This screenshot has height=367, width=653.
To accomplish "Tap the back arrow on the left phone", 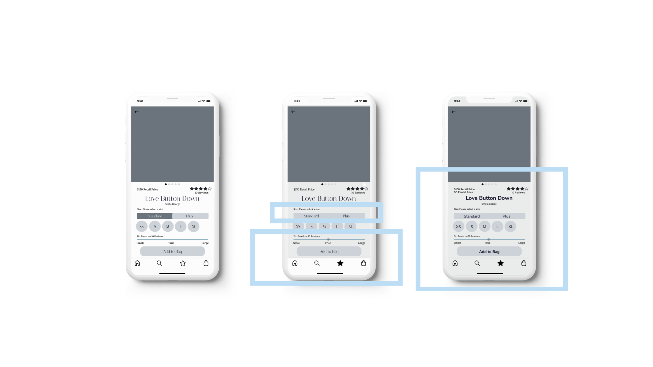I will [137, 112].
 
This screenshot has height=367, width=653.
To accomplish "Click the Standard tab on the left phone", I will [155, 216].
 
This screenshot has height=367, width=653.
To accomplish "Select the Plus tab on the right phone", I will [506, 216].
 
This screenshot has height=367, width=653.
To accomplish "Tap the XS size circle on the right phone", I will [458, 227].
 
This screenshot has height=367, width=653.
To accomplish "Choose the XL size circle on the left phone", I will [194, 226].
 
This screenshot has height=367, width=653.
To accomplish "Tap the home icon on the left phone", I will [137, 263].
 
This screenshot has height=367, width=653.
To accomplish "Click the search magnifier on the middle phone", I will [317, 263].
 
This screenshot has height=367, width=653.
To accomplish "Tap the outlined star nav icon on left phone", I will [183, 263].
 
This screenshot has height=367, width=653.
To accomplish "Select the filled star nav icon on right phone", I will [500, 263].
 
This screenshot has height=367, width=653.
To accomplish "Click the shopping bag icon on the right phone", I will [523, 263].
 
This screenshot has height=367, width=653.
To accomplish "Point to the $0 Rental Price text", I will [463, 192].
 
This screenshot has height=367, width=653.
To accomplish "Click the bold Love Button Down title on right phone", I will [489, 198].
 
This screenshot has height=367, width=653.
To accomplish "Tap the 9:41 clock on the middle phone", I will [297, 101].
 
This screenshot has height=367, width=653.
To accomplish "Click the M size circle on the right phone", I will [484, 227].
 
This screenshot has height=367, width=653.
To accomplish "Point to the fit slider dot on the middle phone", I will [328, 239].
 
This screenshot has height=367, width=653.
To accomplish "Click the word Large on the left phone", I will [205, 243].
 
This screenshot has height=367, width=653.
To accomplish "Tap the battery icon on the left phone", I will [208, 101].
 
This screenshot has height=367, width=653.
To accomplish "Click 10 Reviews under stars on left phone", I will [201, 193].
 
